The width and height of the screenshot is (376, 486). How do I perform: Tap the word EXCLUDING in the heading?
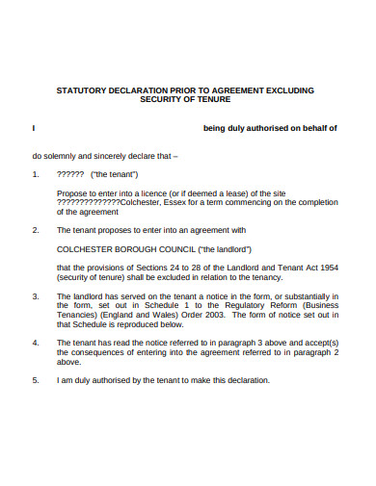click(x=286, y=90)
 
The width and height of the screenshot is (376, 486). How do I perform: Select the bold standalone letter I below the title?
click(x=34, y=126)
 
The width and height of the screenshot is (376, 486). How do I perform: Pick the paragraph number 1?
click(x=35, y=174)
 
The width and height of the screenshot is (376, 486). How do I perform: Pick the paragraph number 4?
click(x=35, y=342)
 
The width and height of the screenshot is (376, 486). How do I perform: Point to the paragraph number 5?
click(x=35, y=379)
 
